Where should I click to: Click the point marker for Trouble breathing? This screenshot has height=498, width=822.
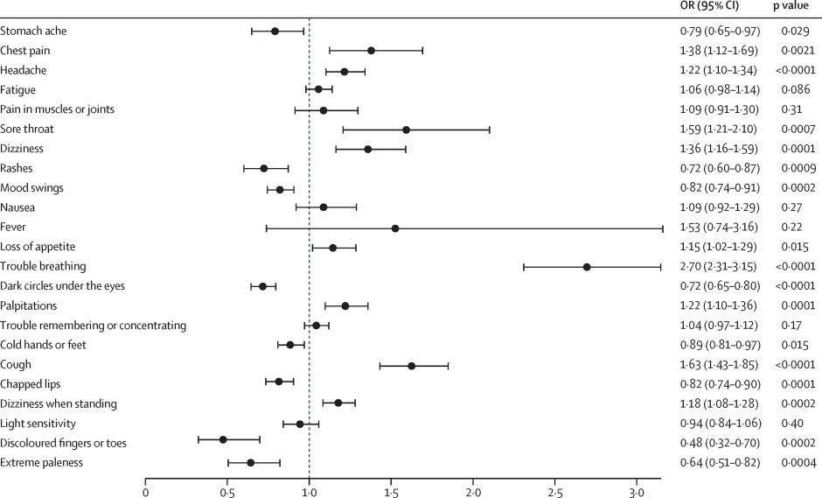587,267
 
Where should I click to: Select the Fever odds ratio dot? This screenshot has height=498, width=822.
395,228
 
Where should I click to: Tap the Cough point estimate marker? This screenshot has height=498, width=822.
411,365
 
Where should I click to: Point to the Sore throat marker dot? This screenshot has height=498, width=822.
406,130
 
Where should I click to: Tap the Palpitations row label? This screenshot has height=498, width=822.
31,306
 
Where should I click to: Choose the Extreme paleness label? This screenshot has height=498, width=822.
41,462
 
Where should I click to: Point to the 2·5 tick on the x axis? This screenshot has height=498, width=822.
555,491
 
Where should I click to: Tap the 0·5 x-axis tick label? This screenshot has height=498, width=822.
227,491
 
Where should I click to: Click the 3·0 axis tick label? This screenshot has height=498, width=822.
637,491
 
